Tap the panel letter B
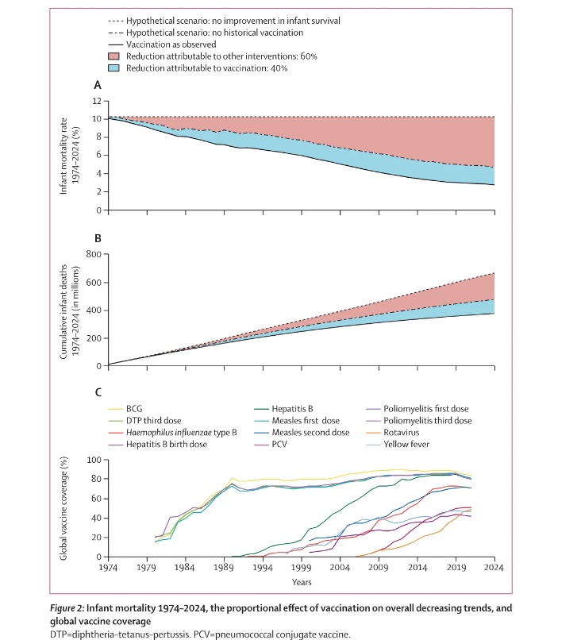click(x=97, y=236)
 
